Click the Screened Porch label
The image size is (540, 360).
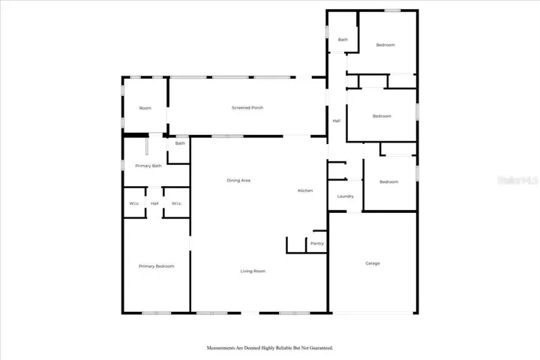247,108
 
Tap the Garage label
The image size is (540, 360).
373,263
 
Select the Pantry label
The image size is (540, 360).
317,244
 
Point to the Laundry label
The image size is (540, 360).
346,196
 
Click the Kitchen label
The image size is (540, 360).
305,190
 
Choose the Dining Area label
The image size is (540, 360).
238,181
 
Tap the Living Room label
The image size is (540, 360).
253,271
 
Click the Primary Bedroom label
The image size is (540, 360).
156,266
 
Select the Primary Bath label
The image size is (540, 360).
148,166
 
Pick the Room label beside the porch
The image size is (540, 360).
145,108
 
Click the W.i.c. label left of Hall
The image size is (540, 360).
134,203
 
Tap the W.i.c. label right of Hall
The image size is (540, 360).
177,203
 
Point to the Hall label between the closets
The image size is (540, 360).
154,203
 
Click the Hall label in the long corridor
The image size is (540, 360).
337,121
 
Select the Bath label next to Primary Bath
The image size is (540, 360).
180,143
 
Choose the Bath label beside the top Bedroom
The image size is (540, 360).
343,40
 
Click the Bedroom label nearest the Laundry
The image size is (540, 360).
388,182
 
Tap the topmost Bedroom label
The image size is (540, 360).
385,45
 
